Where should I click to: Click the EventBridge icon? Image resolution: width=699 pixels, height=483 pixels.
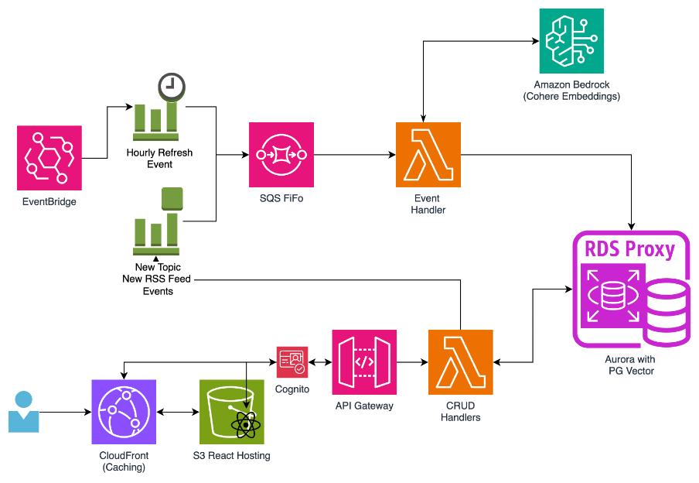pyautogui.click(x=49, y=158)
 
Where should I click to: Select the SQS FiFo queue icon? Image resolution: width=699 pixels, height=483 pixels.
pyautogui.click(x=281, y=155)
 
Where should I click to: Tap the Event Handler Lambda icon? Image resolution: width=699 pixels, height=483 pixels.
pyautogui.click(x=428, y=155)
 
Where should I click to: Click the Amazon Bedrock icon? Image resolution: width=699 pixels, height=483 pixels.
pyautogui.click(x=571, y=41)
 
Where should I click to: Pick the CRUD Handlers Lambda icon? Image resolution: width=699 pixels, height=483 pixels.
pyautogui.click(x=461, y=362)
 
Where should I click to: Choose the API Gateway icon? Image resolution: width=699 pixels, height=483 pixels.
pyautogui.click(x=364, y=362)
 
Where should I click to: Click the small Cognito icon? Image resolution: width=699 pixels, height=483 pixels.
pyautogui.click(x=292, y=362)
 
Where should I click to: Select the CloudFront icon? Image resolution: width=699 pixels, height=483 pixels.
pyautogui.click(x=124, y=412)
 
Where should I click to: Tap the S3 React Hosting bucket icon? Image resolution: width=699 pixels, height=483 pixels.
pyautogui.click(x=232, y=412)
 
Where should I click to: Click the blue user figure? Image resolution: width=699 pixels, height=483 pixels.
pyautogui.click(x=24, y=412)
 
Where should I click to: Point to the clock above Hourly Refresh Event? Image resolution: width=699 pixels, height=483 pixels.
pyautogui.click(x=172, y=86)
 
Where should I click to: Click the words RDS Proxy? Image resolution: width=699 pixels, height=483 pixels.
pyautogui.click(x=629, y=249)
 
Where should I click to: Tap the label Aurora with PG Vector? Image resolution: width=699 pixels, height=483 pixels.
pyautogui.click(x=630, y=365)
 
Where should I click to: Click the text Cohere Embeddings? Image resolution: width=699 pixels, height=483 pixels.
pyautogui.click(x=571, y=97)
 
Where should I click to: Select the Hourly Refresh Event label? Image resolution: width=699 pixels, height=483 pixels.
pyautogui.click(x=159, y=159)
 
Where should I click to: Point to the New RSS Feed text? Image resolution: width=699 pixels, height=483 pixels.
pyautogui.click(x=156, y=279)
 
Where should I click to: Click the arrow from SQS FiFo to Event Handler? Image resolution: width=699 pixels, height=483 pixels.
pyautogui.click(x=355, y=155)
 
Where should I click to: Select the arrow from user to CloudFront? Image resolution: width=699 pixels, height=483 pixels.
pyautogui.click(x=66, y=412)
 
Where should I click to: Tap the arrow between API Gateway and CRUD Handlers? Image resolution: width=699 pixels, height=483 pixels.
pyautogui.click(x=412, y=362)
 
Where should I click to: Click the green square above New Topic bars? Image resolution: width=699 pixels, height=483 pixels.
pyautogui.click(x=172, y=199)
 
